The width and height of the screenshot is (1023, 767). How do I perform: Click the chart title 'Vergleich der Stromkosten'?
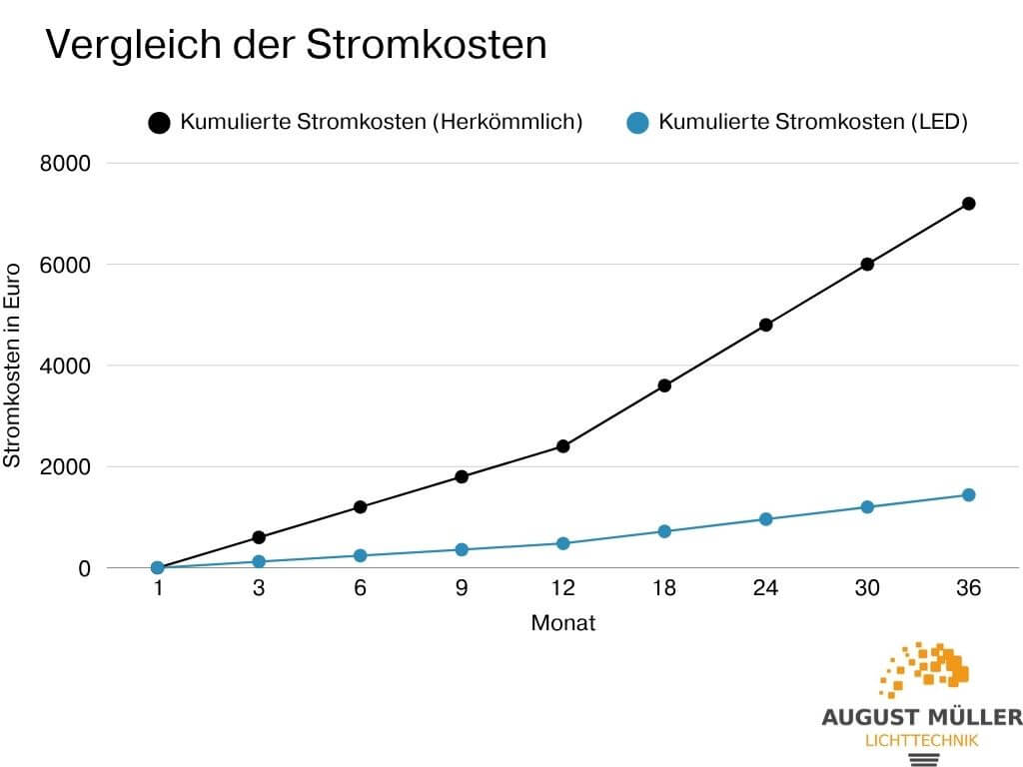click(x=297, y=46)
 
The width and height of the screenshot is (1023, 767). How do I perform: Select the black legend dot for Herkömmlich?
click(x=160, y=123)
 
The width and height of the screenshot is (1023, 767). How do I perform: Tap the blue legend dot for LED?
click(x=638, y=123)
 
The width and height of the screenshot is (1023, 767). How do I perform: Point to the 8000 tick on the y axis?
click(x=65, y=164)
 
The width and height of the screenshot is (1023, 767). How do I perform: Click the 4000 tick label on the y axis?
click(x=65, y=367)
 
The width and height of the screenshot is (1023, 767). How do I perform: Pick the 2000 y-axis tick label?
click(x=65, y=467)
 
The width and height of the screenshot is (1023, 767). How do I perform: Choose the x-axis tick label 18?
click(x=663, y=589)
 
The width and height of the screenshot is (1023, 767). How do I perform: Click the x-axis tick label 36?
click(x=968, y=589)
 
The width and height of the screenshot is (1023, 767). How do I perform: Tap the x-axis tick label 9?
click(x=462, y=589)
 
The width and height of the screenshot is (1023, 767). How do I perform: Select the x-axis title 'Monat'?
click(x=562, y=624)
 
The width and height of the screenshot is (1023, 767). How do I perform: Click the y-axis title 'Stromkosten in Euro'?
click(x=13, y=367)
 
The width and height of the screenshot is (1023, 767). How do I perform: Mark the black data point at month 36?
click(x=968, y=204)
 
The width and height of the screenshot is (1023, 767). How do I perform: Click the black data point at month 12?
click(x=562, y=446)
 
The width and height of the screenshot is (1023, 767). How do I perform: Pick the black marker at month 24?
click(x=765, y=325)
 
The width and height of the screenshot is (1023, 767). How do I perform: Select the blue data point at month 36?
click(x=968, y=495)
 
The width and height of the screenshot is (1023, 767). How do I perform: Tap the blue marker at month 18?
click(x=663, y=531)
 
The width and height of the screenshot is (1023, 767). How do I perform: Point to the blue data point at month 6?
click(x=360, y=556)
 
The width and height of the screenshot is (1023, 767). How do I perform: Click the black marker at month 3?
click(x=259, y=537)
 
